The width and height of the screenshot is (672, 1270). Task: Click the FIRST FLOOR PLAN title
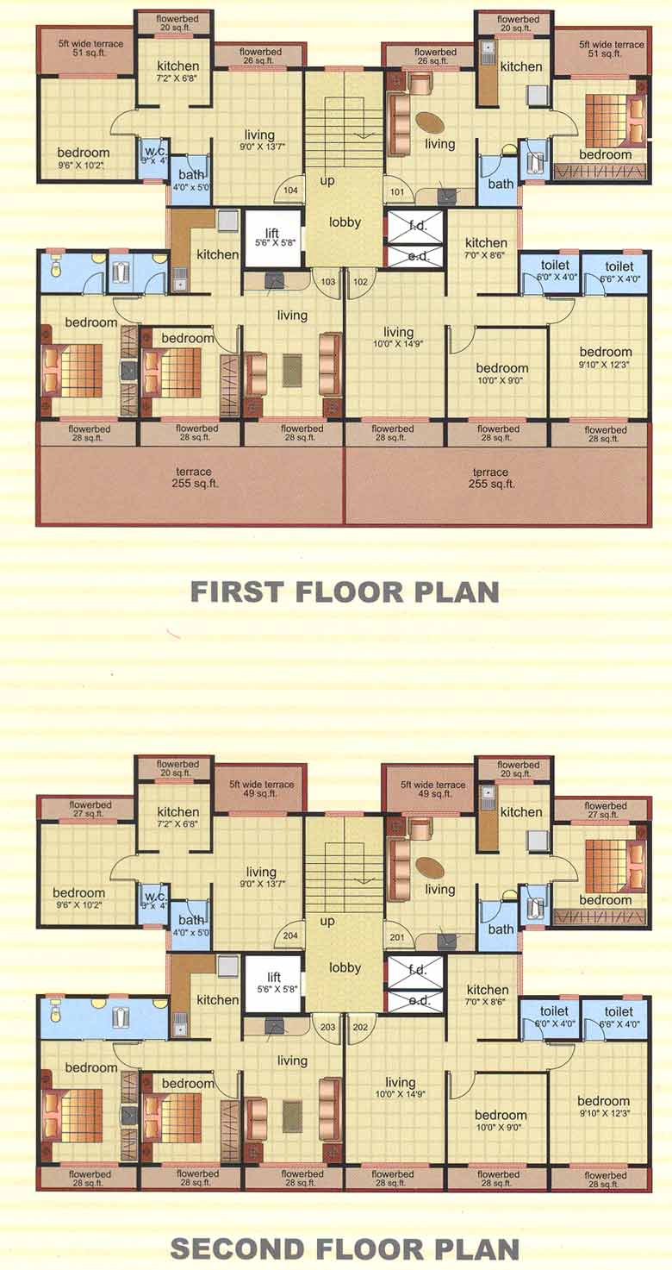(344, 592)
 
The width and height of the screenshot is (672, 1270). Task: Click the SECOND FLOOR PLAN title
(344, 1248)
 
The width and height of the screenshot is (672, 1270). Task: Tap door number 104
(291, 190)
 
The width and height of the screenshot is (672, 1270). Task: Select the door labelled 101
(396, 191)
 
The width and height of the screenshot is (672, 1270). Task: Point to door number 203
(327, 1026)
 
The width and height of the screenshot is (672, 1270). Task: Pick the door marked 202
(361, 1026)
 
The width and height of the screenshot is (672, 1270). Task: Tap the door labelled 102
(361, 280)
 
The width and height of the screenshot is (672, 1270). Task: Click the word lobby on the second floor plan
(345, 967)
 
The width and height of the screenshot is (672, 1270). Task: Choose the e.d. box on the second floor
(419, 1000)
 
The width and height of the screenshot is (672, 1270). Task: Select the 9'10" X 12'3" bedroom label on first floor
(606, 358)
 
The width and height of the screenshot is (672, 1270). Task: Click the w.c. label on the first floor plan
(155, 153)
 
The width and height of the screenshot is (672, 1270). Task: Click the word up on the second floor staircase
(327, 922)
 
